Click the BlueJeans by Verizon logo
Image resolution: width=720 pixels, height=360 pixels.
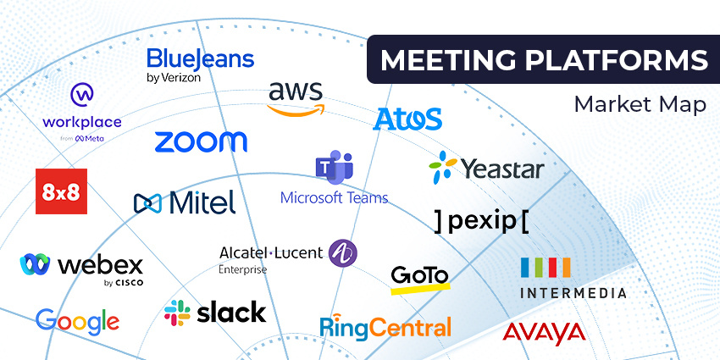200,64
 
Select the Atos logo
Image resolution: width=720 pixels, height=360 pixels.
407,119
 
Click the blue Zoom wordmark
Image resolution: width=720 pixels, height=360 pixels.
201,141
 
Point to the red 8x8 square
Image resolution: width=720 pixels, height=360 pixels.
61,191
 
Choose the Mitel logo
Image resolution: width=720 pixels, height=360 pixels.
185,202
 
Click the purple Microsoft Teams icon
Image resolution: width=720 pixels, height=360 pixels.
333,169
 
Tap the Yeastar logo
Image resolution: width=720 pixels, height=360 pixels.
486,167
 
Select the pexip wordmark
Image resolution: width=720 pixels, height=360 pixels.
480,220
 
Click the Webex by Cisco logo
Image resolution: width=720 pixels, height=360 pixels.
81,266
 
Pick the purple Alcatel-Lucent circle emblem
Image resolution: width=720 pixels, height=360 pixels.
342,252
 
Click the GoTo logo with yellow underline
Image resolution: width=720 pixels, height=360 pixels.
419,277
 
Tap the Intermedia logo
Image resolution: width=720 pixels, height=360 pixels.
573,279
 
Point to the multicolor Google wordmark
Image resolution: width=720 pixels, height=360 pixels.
77,320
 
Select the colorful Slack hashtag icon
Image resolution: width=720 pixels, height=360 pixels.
177,313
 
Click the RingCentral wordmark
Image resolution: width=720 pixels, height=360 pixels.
385,325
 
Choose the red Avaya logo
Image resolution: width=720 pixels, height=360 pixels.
544,331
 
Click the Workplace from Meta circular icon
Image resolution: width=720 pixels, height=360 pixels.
82,93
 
